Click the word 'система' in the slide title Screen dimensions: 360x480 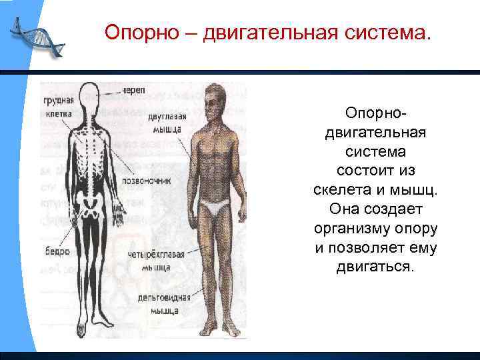click(x=389, y=33)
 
